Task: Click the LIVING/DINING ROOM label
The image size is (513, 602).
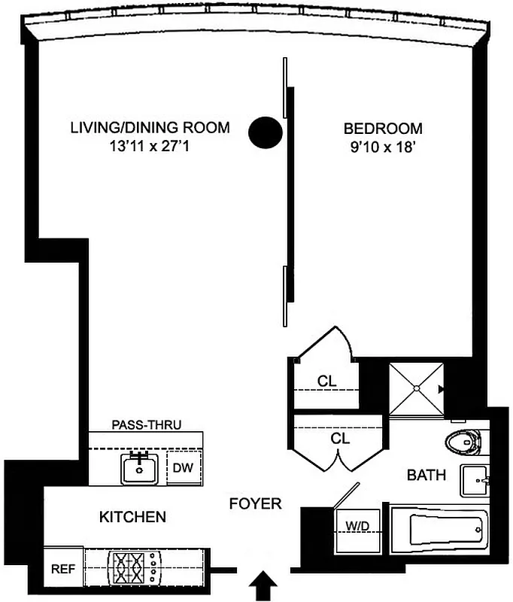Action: [150, 127]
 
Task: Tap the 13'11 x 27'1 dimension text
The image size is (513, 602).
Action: [150, 147]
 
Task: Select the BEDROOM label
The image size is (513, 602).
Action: [383, 128]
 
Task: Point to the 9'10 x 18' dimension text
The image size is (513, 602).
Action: [383, 147]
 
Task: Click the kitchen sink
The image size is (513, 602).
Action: [140, 469]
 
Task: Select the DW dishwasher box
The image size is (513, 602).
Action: [184, 468]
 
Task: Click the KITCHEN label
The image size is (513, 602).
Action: [132, 517]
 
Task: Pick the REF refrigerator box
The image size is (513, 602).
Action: [62, 570]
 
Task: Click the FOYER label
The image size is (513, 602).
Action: [256, 503]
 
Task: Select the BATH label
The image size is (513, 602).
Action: [426, 475]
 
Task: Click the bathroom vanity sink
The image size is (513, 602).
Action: [475, 480]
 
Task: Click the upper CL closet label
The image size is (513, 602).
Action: [326, 381]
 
